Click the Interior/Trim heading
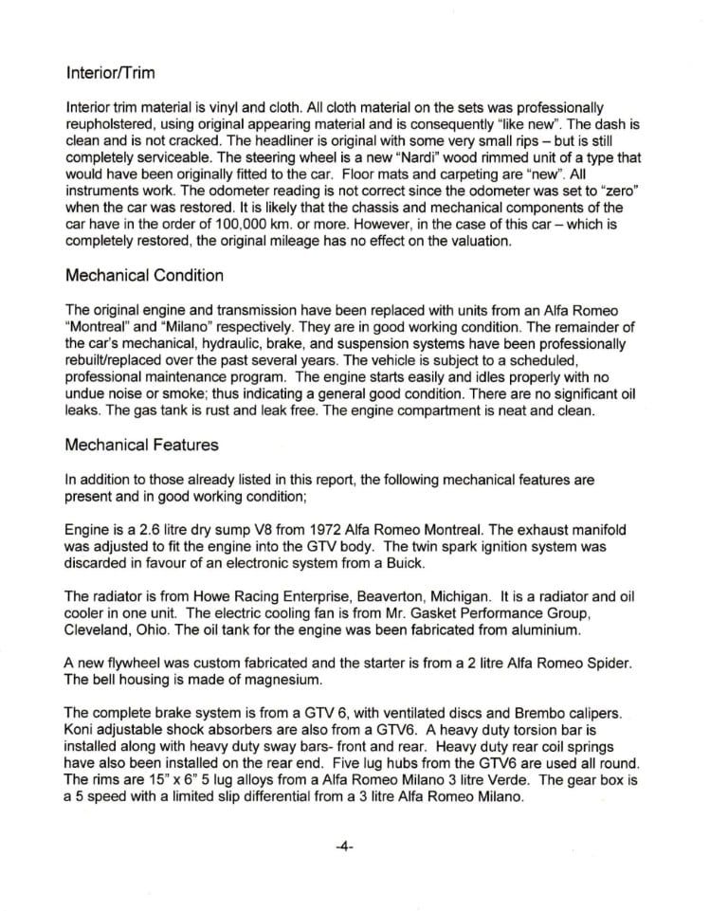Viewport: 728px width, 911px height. point(110,72)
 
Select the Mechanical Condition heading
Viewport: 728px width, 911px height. point(145,276)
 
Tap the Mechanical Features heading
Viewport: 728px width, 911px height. point(141,445)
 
